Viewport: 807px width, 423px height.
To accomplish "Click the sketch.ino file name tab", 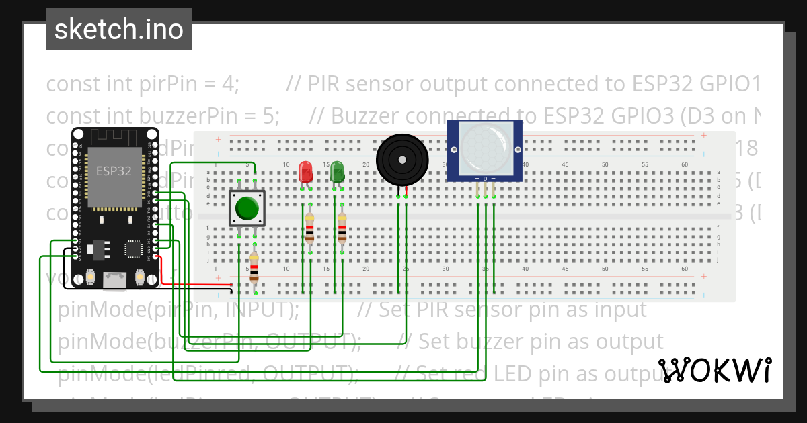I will (x=119, y=30).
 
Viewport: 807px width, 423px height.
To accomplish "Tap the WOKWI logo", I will (x=714, y=370).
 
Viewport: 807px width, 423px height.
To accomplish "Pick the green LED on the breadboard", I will (x=338, y=171).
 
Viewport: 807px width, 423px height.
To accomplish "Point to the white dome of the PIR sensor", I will (x=485, y=146).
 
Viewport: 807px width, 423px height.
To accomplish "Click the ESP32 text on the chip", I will (x=114, y=171).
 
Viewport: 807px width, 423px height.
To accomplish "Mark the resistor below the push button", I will (x=254, y=268).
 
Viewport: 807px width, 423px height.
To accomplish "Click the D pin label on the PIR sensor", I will (x=485, y=179).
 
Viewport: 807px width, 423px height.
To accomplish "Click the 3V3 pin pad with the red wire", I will (x=156, y=256).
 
